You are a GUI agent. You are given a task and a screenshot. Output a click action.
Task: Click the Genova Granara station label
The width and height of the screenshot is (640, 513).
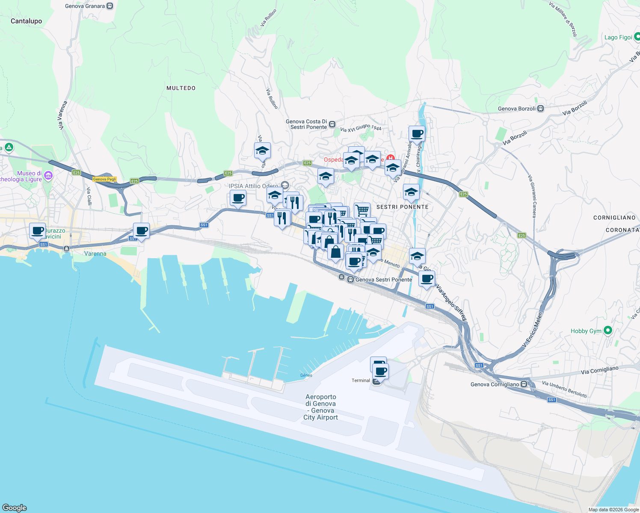tap(85, 6)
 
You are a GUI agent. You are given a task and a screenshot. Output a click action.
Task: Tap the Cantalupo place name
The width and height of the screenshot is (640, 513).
tap(26, 21)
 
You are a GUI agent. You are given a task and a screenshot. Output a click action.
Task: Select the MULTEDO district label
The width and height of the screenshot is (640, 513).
tap(181, 88)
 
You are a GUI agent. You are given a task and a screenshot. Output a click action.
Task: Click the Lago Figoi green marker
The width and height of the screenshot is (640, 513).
tap(637, 38)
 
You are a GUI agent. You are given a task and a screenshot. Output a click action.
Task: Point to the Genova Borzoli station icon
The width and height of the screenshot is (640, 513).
tap(541, 109)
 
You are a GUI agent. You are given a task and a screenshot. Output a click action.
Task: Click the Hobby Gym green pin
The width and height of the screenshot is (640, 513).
tap(608, 330)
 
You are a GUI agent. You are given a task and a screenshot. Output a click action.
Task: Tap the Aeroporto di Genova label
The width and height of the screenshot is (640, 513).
tap(321, 407)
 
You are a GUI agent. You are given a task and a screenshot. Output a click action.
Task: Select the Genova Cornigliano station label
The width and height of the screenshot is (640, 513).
tap(495, 384)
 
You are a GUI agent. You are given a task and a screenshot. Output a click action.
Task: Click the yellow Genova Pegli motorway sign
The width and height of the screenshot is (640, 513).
tap(105, 179)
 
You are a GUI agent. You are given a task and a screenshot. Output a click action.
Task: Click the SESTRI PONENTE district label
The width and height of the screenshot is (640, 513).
tap(402, 207)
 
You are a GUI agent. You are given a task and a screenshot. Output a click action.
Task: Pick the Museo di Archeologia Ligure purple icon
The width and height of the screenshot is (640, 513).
tap(48, 175)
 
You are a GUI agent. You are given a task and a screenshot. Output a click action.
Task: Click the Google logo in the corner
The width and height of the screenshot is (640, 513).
tap(15, 507)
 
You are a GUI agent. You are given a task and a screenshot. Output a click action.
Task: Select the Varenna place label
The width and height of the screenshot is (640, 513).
tap(95, 254)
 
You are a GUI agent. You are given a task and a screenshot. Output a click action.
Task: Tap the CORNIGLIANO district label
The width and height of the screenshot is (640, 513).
tap(614, 218)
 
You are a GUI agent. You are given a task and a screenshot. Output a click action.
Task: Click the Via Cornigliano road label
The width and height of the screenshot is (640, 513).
tap(599, 370)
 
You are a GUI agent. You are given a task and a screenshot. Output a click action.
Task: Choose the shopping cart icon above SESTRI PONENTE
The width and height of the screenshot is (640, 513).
tap(362, 209)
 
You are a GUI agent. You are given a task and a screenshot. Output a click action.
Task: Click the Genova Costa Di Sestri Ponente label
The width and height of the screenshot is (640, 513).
tap(306, 124)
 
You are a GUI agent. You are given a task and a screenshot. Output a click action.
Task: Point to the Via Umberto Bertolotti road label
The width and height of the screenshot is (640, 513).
tap(564, 389)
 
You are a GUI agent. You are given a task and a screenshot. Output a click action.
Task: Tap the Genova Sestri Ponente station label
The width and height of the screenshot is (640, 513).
tap(383, 280)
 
